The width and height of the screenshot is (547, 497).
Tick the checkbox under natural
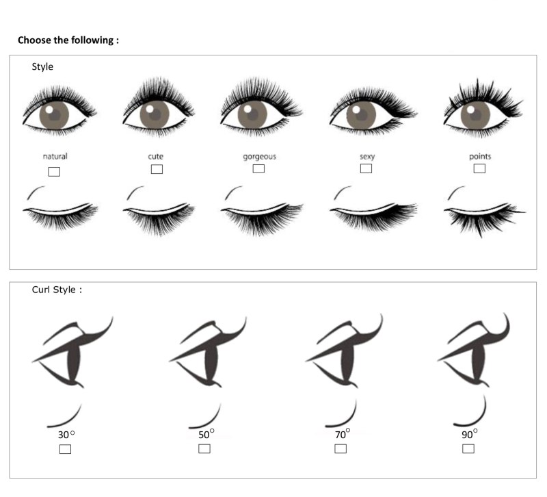coord(54,172)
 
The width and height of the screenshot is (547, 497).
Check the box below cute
coord(157,169)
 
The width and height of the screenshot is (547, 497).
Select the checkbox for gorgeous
coord(258,168)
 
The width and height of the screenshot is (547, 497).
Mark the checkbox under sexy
coord(366,168)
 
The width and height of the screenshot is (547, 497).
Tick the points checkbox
coord(479,168)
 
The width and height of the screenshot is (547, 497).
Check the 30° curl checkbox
coord(65,449)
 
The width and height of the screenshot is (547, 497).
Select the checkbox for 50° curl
coord(204,448)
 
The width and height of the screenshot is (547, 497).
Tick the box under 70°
coord(341,448)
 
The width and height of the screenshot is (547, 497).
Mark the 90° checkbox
coord(468,448)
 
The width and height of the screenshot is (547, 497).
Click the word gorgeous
coord(260,157)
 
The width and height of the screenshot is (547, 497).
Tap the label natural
coord(55,156)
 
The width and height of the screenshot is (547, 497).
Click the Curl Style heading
coord(57,290)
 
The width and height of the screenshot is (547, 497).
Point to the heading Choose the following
coord(68,40)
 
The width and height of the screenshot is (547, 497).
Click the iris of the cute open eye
coord(155,114)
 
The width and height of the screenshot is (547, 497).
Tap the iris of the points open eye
coord(475,115)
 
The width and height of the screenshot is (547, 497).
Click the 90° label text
coord(470,434)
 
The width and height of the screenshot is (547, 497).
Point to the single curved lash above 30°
coord(68,419)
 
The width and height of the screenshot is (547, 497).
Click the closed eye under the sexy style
coord(373,216)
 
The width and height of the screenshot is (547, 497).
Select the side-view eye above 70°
coord(344,351)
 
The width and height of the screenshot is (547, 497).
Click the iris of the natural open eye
coord(54,115)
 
